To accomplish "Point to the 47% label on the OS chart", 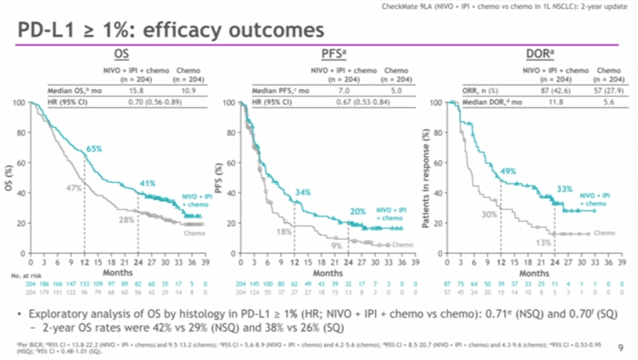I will (73, 188).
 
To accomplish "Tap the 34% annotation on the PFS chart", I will (303, 192).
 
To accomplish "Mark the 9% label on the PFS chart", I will (336, 245).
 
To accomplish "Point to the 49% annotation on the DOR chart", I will (508, 171).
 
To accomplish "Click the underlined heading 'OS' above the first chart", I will (122, 54).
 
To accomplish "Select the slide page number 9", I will (620, 347).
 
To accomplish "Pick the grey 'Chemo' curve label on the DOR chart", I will (604, 233).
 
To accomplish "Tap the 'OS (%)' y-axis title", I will (11, 177).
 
